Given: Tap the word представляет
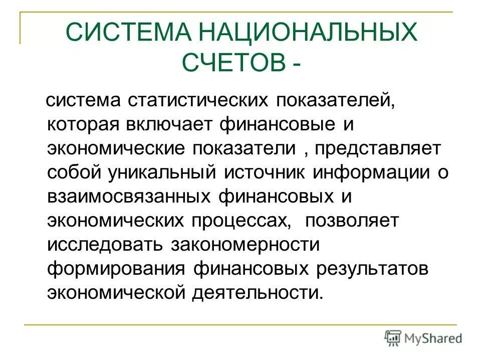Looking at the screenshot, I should coord(379,148).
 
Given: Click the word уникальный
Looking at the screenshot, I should coord(162,172).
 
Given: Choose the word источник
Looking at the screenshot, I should coord(266,172).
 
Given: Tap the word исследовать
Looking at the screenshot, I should coord(105,244).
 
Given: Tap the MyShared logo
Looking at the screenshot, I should coord(423,337).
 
